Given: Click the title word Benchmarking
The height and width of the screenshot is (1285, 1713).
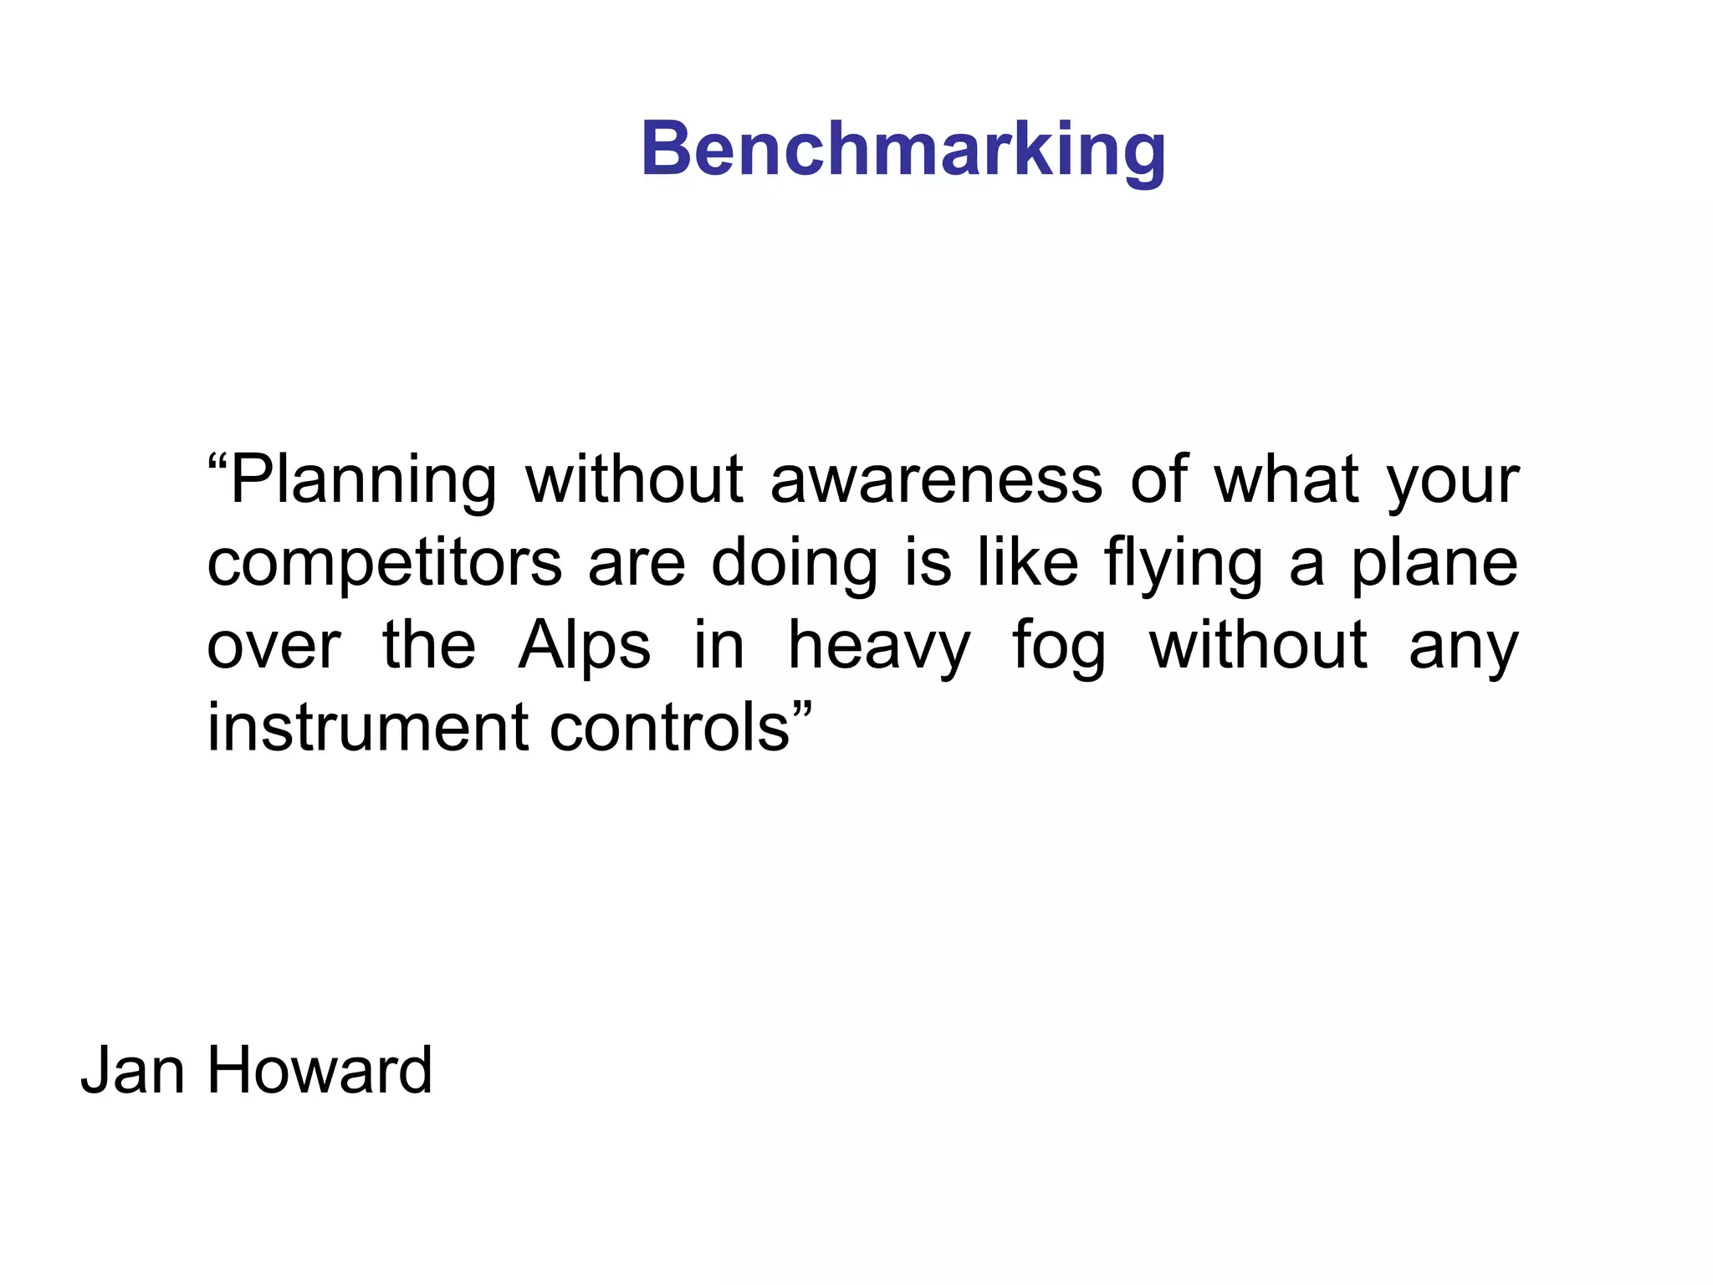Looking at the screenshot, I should coord(903,150).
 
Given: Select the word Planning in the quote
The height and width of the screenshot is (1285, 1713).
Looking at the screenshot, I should coord(363,481).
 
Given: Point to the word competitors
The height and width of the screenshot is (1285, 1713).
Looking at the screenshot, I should coord(384,564).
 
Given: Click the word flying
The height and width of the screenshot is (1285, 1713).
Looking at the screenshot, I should coord(1183,564).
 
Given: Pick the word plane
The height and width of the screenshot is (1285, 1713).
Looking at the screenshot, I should coord(1434,564).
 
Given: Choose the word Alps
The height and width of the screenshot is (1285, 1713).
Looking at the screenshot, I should coord(584,646).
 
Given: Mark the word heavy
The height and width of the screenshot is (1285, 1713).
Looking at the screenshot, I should coord(879,646).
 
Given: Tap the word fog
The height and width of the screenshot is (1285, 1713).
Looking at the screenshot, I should coord(1059,646).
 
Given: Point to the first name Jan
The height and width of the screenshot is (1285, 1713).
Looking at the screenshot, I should coord(132,1070).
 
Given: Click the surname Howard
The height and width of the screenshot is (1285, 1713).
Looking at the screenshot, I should coord(320,1070).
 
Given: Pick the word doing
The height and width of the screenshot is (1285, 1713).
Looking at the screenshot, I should coord(794,564).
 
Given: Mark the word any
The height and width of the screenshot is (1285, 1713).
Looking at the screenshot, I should coord(1463,648).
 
